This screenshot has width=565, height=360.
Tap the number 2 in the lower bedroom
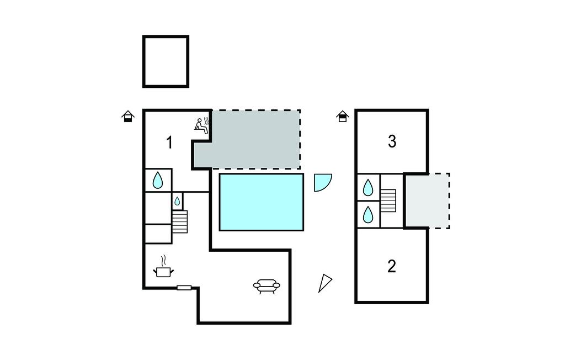tap(392, 266)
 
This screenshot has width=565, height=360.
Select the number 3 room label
tap(392, 141)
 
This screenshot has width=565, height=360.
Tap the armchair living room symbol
tap(266, 285)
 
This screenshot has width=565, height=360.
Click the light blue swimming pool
tap(262, 202)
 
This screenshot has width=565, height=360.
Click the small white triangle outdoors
tap(324, 283)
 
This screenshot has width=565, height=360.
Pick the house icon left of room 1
tap(128, 117)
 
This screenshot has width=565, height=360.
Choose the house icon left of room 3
tap(343, 117)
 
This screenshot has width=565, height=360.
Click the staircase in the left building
tap(180, 221)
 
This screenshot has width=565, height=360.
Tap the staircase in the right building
tap(388, 201)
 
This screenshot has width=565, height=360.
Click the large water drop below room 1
tap(158, 180)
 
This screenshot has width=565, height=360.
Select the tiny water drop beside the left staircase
tap(177, 201)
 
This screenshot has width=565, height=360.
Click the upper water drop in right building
tap(368, 187)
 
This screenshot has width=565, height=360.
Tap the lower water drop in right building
tap(368, 214)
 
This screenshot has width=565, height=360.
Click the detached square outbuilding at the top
tap(166, 61)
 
